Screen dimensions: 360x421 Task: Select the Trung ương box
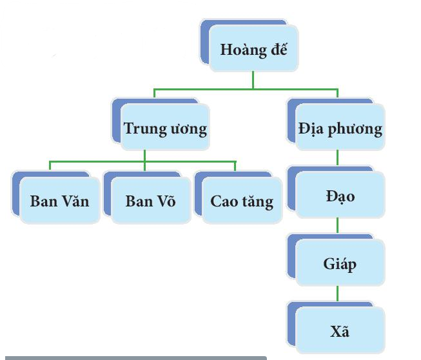(x=165, y=128)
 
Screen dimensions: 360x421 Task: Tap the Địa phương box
(x=340, y=128)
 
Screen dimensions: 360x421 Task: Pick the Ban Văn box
(x=59, y=201)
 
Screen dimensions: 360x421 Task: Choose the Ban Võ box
(x=150, y=201)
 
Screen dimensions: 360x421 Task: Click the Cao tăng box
(x=241, y=201)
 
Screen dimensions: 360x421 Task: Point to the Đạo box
(x=340, y=195)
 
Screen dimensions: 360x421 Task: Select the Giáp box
(x=340, y=263)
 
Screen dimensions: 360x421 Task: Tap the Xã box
(x=340, y=332)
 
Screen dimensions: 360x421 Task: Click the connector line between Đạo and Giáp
(x=338, y=228)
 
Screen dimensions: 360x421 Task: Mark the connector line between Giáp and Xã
(x=338, y=296)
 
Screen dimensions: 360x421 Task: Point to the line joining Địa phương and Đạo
(x=338, y=159)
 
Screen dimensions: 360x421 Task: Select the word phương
(x=354, y=128)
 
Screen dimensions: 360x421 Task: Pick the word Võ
(x=164, y=201)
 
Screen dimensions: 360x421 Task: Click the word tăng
(x=257, y=201)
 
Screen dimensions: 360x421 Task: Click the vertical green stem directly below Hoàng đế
(x=253, y=79)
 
